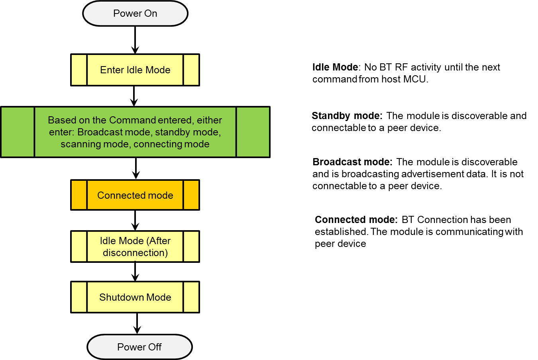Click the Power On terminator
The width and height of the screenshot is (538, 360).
135,14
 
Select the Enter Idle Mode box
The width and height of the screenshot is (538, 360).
135,70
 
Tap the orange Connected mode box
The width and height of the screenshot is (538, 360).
135,195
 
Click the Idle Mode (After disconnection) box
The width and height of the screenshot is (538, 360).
135,247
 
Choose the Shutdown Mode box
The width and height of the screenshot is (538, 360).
135,297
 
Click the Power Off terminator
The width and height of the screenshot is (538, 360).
139,347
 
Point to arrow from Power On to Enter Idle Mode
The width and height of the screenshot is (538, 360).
135,40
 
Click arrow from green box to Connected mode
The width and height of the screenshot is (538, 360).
136,168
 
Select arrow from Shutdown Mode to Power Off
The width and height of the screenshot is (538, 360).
137,323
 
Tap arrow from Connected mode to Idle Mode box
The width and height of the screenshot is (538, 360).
135,220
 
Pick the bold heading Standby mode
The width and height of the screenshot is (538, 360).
346,116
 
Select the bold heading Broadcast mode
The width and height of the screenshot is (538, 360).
352,162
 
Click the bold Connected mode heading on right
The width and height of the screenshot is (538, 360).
355,220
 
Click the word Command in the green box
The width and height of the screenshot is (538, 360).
132,120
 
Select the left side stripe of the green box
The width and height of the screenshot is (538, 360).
18,132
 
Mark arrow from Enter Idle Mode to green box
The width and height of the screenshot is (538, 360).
134,96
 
